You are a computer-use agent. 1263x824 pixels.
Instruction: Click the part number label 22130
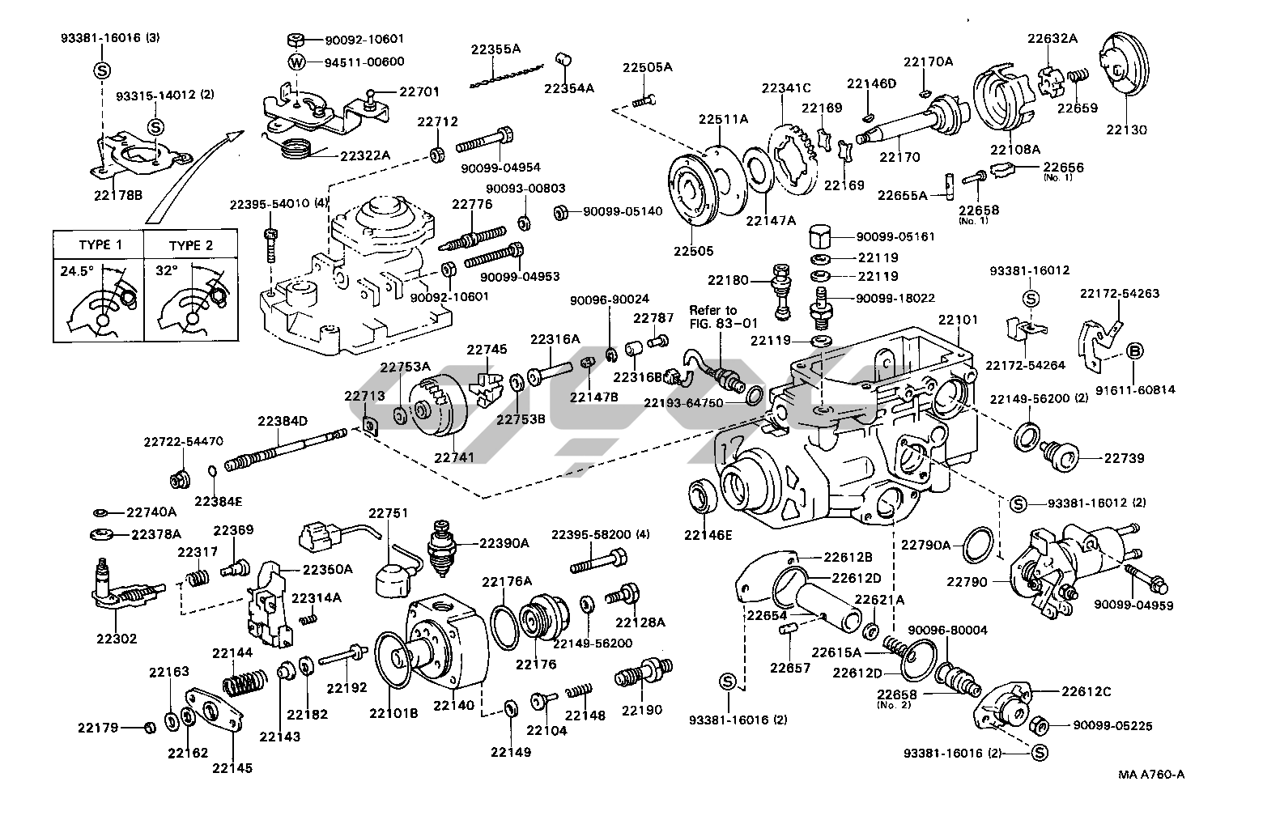[x=1127, y=130]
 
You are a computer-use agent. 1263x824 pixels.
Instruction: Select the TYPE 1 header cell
[x=100, y=245]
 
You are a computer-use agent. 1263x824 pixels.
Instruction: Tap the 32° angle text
[x=167, y=270]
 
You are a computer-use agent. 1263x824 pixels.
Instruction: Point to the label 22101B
[x=393, y=713]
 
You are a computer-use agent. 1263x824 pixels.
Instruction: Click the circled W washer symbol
[x=298, y=62]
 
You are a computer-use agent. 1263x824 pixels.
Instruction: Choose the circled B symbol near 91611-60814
[x=1136, y=350]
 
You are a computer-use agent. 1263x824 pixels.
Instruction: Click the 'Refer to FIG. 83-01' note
[x=713, y=318]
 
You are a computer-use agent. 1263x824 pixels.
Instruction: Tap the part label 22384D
[x=283, y=421]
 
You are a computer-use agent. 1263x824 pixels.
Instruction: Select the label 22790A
[x=926, y=545]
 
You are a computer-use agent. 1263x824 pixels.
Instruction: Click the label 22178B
[x=118, y=194]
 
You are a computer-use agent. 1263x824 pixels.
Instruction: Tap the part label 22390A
[x=504, y=543]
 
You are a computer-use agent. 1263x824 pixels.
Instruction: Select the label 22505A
[x=647, y=67]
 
